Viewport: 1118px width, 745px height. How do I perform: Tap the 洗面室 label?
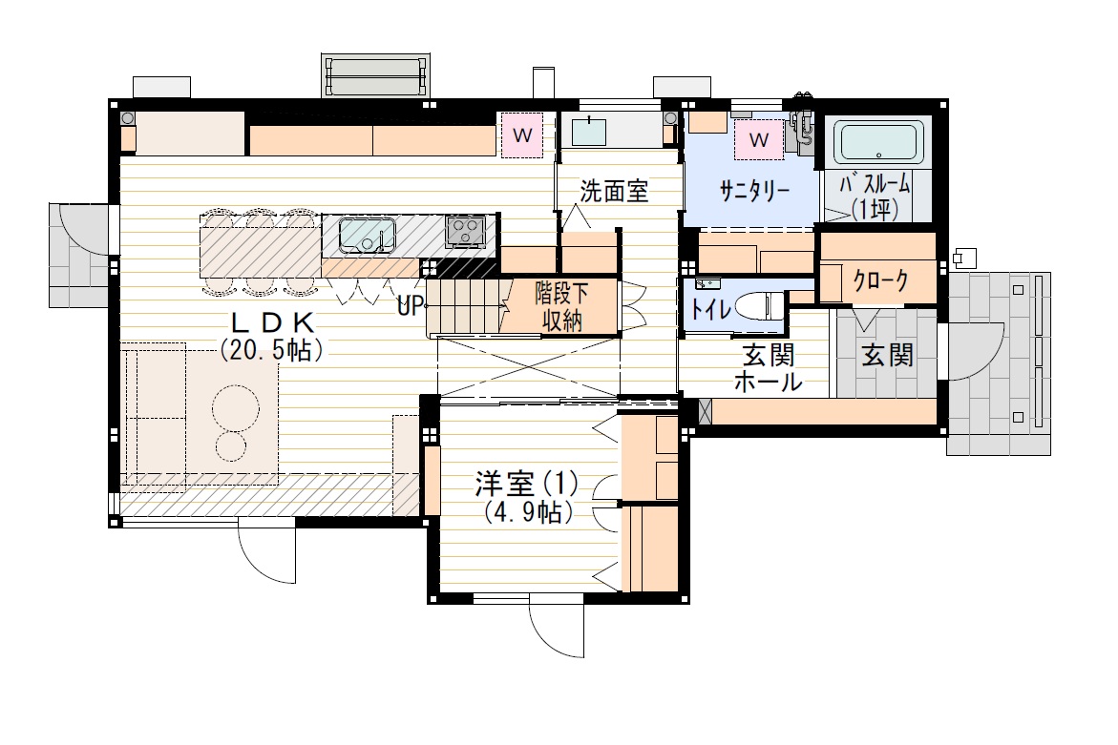(x=615, y=192)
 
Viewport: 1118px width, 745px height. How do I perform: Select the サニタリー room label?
(x=753, y=190)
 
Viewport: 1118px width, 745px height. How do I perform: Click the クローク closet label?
(x=879, y=281)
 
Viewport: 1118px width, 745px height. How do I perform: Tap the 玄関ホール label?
(x=769, y=369)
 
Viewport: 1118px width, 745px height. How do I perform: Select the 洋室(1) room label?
(x=527, y=483)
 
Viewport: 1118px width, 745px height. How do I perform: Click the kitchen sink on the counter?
(x=368, y=234)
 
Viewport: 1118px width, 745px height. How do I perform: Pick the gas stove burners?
(x=466, y=230)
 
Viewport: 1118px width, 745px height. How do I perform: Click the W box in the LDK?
(x=522, y=135)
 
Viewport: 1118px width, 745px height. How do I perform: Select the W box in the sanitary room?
(x=760, y=140)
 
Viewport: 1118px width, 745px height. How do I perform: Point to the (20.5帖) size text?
(x=273, y=349)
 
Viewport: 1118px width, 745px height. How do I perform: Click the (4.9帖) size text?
(x=527, y=512)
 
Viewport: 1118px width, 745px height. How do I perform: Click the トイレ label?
(x=711, y=309)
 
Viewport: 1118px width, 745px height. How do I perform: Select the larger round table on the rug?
(x=234, y=408)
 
